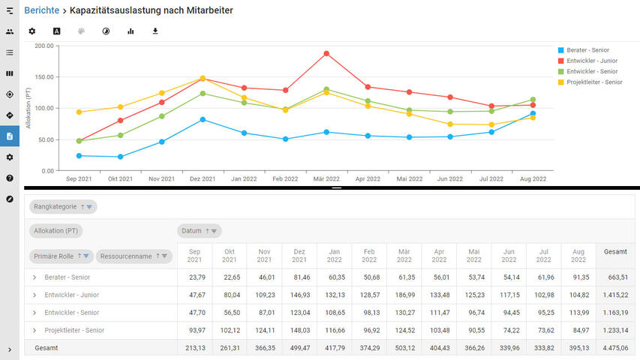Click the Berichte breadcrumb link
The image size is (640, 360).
[41, 10]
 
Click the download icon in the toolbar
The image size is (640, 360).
[155, 31]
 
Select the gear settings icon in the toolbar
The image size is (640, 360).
[32, 31]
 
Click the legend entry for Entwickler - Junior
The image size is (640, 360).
[592, 61]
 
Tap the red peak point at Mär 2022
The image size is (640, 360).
[326, 54]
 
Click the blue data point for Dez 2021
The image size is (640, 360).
[203, 119]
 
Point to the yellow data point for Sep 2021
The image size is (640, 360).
[79, 112]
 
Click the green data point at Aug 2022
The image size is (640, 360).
[533, 100]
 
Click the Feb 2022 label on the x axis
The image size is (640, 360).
[285, 179]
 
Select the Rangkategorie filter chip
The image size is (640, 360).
[62, 206]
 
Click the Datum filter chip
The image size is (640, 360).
[199, 231]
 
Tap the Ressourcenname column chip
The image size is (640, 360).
[134, 256]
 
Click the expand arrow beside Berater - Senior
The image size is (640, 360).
[35, 277]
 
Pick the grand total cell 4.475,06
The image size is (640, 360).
[614, 348]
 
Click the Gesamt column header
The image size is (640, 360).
[614, 251]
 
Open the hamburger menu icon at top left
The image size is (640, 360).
[9, 10]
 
